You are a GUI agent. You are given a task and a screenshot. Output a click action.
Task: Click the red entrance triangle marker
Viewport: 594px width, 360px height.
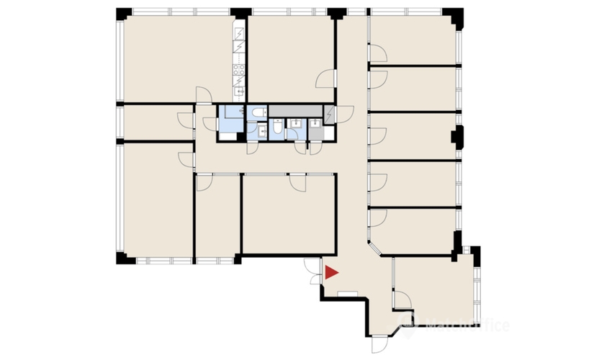(331, 273)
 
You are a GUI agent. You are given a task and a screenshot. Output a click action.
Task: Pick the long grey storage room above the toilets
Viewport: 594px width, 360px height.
(295, 111)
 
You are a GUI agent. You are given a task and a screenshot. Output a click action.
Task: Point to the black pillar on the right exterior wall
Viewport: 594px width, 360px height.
(455, 135)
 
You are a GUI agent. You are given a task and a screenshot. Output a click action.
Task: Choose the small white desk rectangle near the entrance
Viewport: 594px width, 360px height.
(346, 292)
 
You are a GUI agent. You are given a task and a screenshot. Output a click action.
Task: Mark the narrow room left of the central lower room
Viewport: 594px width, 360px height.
(217, 216)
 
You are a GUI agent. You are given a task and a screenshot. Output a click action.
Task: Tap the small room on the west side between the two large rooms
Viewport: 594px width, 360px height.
(155, 122)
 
